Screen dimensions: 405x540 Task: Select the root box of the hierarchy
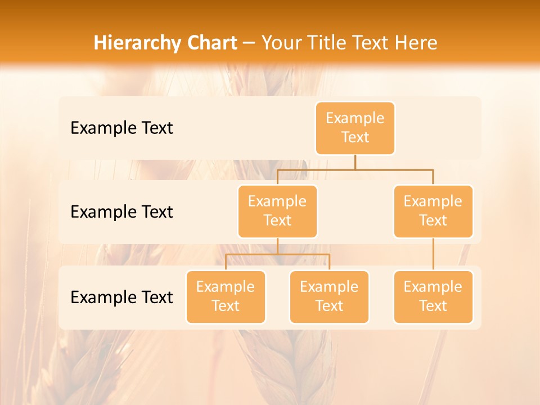355,128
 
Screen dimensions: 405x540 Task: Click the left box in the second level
277,211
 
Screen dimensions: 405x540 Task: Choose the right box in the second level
433,211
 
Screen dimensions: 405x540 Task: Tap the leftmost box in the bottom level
226,297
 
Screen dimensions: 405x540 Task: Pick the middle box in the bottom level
329,297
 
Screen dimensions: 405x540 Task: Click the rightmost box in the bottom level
433,297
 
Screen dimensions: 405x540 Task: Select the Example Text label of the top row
121,128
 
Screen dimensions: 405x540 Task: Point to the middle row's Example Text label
121,212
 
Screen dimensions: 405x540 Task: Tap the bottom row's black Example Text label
121,298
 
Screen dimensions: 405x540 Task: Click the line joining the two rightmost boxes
433,254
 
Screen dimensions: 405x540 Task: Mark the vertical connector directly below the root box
355,162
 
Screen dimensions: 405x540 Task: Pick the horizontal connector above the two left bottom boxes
277,254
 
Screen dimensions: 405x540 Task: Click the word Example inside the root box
355,119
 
